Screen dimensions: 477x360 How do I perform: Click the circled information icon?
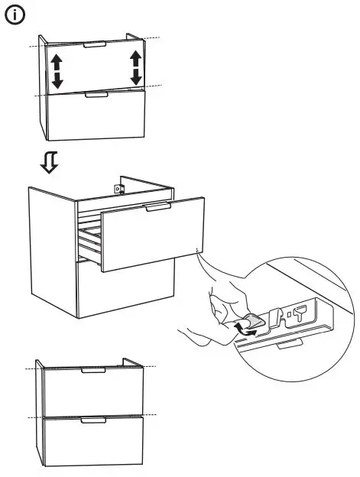(x=16, y=15)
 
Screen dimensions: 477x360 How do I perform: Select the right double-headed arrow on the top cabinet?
(x=136, y=67)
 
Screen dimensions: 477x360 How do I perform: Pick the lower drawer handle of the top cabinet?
(x=96, y=95)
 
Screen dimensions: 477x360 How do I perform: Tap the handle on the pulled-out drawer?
(x=157, y=206)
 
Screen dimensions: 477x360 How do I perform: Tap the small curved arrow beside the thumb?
(x=245, y=329)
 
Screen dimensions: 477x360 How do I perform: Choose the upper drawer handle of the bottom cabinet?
(x=93, y=371)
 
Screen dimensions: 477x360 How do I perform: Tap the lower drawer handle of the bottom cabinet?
(x=93, y=420)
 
